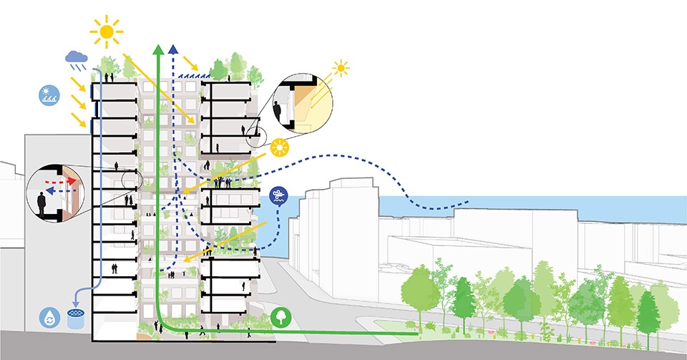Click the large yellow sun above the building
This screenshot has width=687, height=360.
click(107, 32)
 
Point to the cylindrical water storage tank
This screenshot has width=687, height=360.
click(74, 319)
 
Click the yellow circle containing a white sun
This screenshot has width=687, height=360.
click(279, 148)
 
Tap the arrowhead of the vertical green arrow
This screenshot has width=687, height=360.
click(157, 50)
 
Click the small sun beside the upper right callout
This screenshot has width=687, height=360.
click(341, 69)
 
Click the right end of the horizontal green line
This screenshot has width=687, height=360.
click(416, 334)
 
